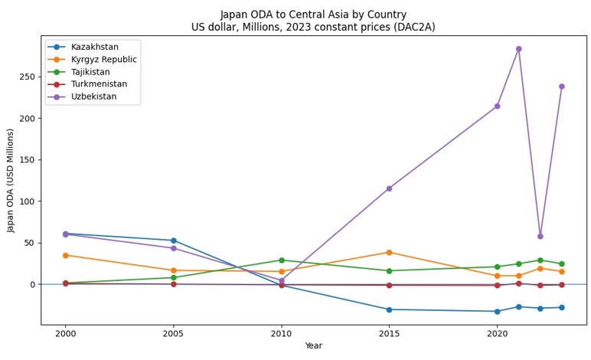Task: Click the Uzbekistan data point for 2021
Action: (518, 49)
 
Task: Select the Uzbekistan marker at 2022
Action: (540, 236)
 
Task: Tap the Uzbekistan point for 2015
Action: (389, 188)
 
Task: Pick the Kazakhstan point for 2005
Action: (173, 241)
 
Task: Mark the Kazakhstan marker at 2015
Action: (389, 309)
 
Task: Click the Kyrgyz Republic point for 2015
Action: (389, 252)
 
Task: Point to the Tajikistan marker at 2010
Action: (281, 260)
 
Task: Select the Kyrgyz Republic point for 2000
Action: (65, 255)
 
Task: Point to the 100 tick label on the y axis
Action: (28, 201)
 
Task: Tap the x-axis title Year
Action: (313, 346)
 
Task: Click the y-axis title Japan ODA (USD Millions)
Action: (11, 180)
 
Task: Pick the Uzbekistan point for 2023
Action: (561, 87)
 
